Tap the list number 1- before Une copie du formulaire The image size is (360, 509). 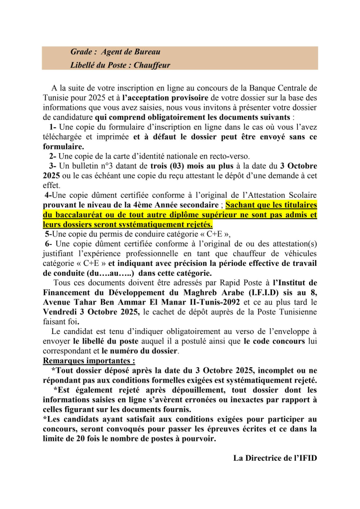(53, 128)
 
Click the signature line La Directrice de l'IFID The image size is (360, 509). (275, 458)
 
